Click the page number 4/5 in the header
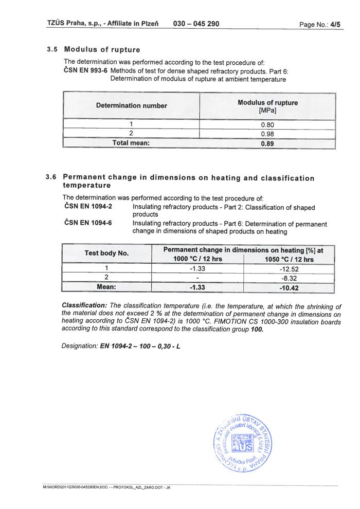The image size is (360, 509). pyautogui.click(x=335, y=24)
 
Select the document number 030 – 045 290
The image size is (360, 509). pyautogui.click(x=196, y=24)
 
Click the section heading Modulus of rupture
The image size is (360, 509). pyautogui.click(x=102, y=50)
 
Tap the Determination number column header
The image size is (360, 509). pyautogui.click(x=131, y=105)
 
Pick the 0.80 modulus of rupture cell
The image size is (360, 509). pyautogui.click(x=267, y=124)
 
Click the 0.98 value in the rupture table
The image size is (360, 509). pyautogui.click(x=267, y=134)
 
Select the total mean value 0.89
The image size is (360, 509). pyautogui.click(x=267, y=143)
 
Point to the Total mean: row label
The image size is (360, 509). pyautogui.click(x=131, y=143)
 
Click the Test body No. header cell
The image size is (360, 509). pyautogui.click(x=106, y=253)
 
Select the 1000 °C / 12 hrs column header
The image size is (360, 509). pyautogui.click(x=198, y=259)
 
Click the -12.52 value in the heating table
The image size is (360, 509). pyautogui.click(x=289, y=268)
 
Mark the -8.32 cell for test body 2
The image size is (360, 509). pyautogui.click(x=289, y=278)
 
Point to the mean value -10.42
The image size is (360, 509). pyautogui.click(x=289, y=287)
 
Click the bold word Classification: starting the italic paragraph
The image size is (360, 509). pyautogui.click(x=84, y=305)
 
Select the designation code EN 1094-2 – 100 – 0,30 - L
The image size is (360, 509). pyautogui.click(x=140, y=346)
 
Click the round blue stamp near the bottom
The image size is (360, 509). pyautogui.click(x=245, y=441)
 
